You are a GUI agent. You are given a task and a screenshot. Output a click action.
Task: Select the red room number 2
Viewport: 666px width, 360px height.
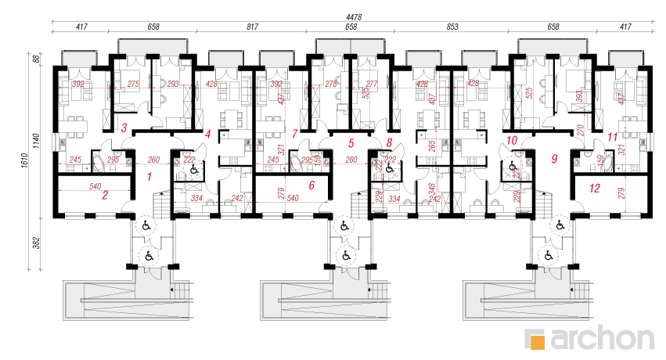(x=104, y=195)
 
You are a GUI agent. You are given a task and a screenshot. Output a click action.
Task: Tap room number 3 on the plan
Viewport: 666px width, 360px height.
(x=123, y=128)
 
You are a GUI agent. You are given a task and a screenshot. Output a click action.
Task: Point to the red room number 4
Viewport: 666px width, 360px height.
(x=207, y=135)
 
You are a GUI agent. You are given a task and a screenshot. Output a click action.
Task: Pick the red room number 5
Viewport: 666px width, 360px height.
(x=351, y=143)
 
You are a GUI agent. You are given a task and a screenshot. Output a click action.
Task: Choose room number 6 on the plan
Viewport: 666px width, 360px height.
(x=311, y=185)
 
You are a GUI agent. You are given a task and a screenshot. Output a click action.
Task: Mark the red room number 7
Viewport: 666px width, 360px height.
(x=294, y=134)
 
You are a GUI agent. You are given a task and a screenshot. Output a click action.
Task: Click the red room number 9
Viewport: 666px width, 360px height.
(x=554, y=159)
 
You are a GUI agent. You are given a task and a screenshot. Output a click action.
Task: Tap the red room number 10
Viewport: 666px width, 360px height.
(x=513, y=141)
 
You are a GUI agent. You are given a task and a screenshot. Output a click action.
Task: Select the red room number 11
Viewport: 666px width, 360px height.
(x=612, y=138)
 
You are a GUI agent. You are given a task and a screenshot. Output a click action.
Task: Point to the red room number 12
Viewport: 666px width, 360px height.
(x=595, y=188)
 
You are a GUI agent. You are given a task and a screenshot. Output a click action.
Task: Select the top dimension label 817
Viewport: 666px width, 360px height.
(x=253, y=27)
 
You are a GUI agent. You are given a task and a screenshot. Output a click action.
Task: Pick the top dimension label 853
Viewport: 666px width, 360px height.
(x=452, y=27)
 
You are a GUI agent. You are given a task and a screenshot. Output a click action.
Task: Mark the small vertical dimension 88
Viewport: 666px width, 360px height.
(x=35, y=59)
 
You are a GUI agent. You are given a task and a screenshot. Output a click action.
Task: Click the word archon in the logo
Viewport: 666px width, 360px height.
(x=602, y=338)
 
